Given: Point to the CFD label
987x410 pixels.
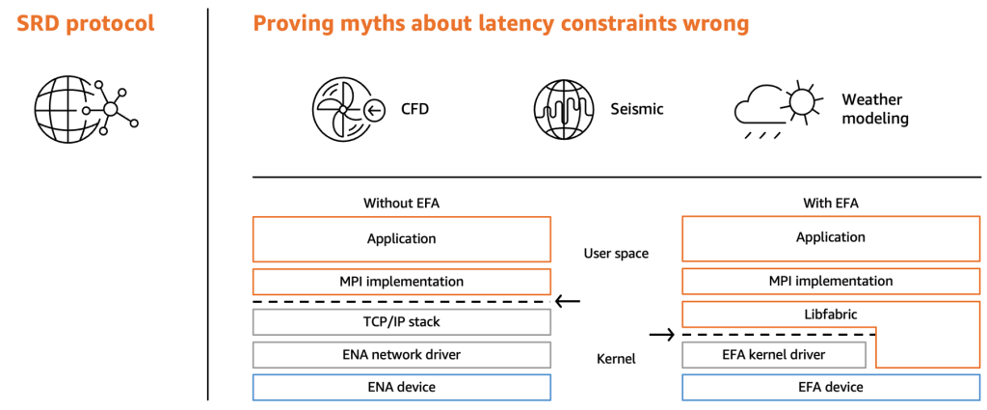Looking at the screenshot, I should point(414,109).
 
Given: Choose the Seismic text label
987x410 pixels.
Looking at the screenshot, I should point(636,109).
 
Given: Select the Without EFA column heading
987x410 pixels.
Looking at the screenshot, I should point(401,203).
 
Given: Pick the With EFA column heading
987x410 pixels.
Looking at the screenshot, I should point(830,203).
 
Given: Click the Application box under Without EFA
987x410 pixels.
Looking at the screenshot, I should point(401,238).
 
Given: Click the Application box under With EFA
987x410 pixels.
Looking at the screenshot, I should point(830,238).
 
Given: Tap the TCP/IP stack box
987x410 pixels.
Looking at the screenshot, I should point(401,321).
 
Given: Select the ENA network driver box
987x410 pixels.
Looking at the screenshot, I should point(401,354).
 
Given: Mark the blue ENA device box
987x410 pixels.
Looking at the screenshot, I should point(401,387).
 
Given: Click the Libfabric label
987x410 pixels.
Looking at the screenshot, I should point(830,314).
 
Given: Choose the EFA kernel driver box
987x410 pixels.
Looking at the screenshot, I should point(773,354).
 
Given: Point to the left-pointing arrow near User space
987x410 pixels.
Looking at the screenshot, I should point(568,301).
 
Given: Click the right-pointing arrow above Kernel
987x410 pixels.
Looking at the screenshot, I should point(662,336).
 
